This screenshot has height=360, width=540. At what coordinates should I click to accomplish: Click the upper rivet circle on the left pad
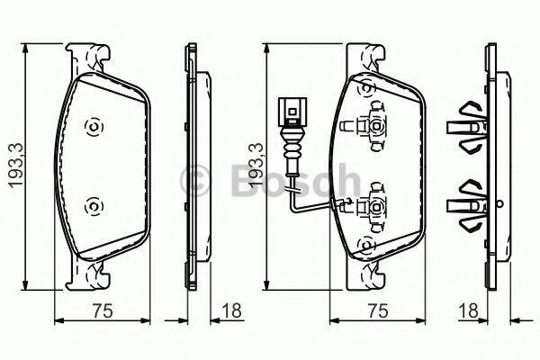tap(92, 127)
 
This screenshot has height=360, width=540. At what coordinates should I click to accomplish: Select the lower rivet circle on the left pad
tap(92, 208)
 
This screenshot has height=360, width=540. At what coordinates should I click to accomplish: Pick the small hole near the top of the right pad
tap(365, 88)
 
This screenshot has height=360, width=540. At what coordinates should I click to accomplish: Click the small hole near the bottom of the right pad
tap(365, 245)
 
